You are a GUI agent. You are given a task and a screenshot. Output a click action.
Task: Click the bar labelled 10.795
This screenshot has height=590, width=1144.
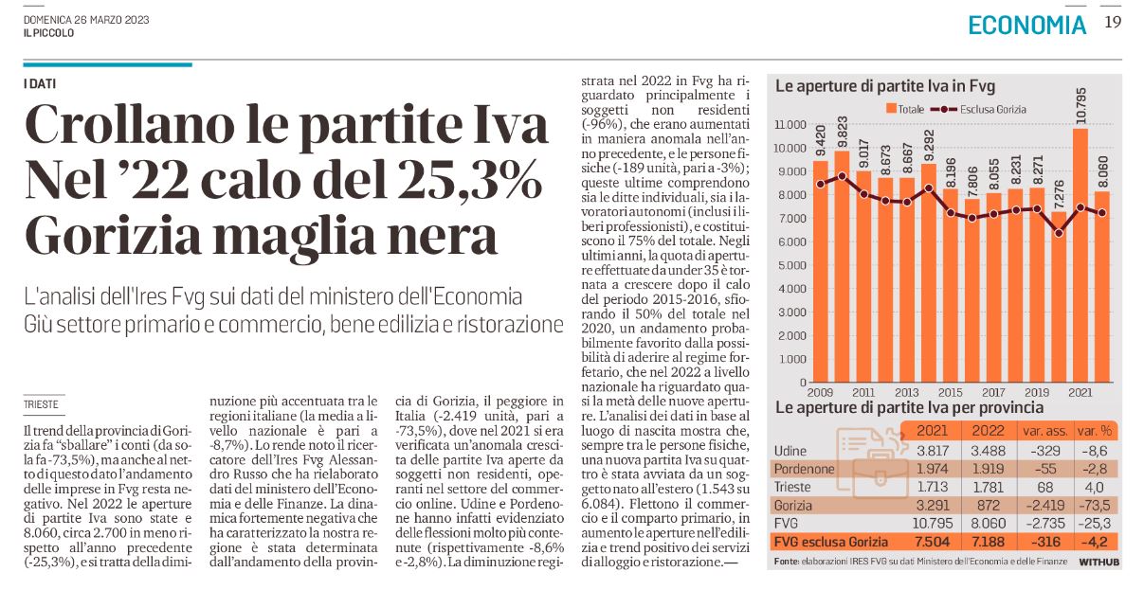pos(1080,255)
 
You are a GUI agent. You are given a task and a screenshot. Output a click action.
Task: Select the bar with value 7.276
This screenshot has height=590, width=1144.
pos(1059,296)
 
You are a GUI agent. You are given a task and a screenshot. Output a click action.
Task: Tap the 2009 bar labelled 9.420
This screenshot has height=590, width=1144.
pos(820,271)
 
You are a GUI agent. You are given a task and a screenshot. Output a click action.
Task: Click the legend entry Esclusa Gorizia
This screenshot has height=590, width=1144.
pos(978,109)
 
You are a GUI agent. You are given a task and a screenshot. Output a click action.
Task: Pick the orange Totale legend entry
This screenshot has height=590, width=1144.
pos(905,109)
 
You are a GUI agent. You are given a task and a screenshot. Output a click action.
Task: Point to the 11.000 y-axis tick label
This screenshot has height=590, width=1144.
pos(790,124)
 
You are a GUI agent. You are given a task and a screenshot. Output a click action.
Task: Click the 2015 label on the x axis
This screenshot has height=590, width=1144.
pos(950,392)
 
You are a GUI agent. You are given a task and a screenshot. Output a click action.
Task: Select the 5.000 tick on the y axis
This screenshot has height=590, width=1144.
pos(792,265)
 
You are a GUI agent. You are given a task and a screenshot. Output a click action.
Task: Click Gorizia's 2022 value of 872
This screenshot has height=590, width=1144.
pos(989,506)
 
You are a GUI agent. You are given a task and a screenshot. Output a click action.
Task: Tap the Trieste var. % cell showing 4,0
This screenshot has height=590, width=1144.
pos(1094,488)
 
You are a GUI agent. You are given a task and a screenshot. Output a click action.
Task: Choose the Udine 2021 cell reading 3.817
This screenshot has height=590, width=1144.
pos(932,451)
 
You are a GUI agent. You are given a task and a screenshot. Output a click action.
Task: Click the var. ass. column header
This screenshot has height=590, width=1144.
pos(1044,431)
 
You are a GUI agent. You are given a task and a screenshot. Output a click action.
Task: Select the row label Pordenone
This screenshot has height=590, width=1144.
pos(804,469)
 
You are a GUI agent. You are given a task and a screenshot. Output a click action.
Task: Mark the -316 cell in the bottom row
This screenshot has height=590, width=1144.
pos(1044,542)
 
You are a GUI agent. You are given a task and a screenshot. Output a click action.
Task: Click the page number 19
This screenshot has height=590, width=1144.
pos(1113,23)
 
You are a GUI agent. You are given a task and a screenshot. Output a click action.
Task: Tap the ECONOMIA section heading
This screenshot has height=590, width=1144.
pos(1027,25)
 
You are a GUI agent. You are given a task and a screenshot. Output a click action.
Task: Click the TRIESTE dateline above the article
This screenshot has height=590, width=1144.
pos(41,404)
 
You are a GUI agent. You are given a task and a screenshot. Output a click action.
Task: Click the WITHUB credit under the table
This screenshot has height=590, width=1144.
pos(1099,562)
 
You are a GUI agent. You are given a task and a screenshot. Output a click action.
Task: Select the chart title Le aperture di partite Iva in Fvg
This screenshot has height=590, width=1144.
pos(885,86)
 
